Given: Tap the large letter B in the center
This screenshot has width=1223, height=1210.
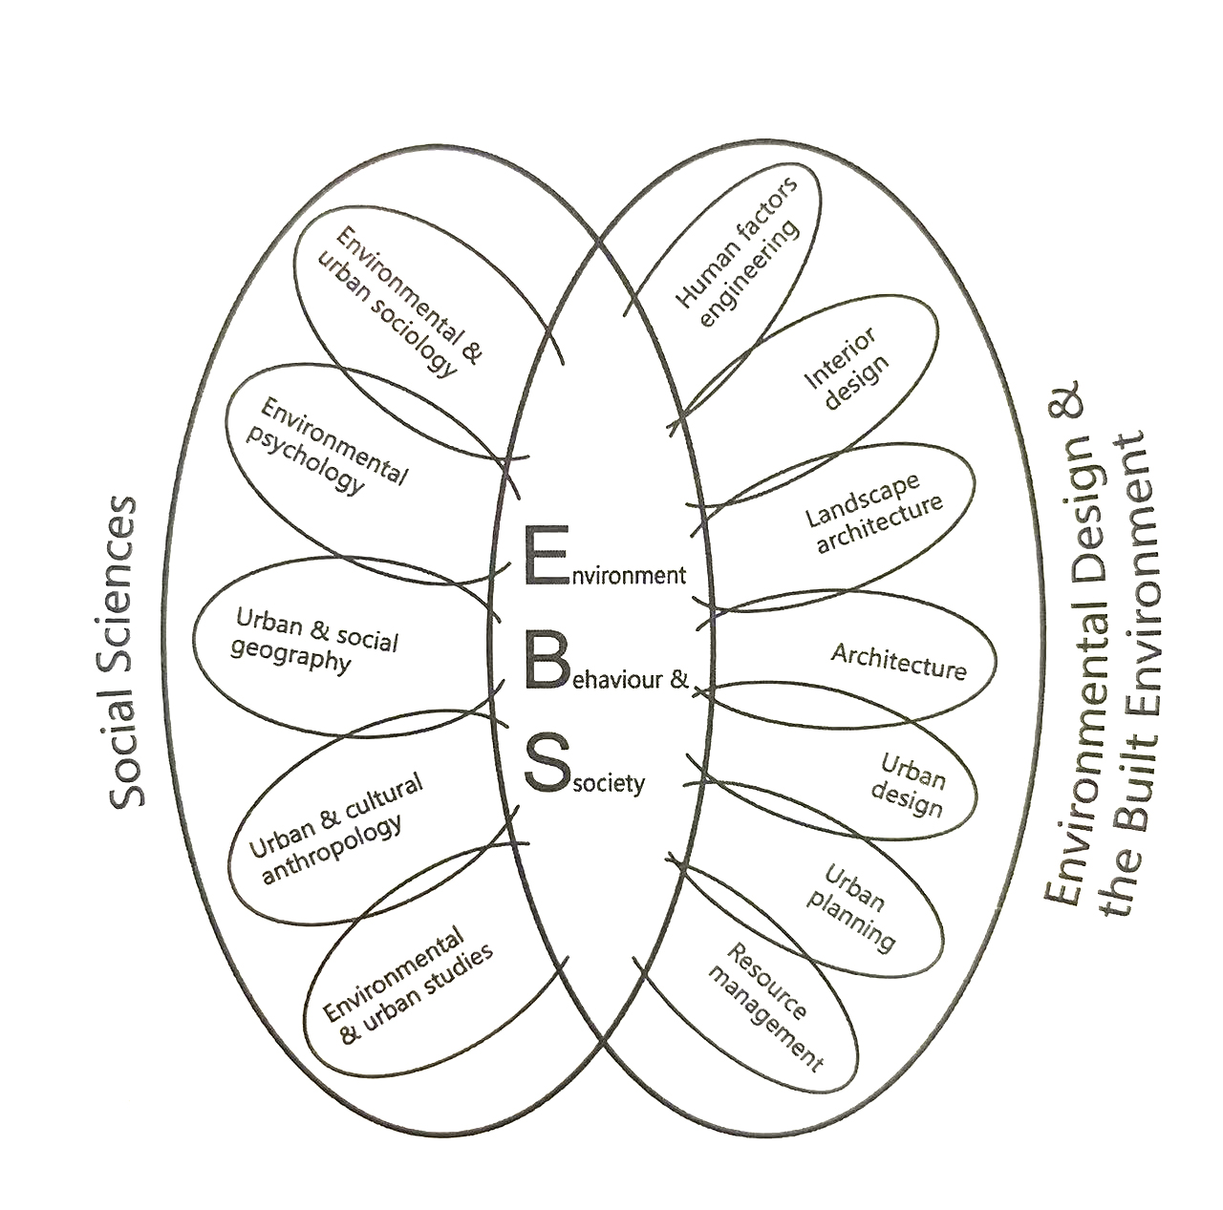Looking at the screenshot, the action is pos(545,658).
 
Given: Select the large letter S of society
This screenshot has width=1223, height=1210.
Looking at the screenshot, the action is pos(547,761).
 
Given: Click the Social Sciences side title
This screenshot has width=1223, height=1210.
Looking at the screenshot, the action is pos(124,653).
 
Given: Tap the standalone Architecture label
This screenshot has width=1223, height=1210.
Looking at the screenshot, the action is pos(898,661).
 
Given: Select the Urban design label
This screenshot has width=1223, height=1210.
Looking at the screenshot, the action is pos(912,785).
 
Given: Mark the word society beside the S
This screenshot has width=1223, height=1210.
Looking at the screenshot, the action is pos(610,783).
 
